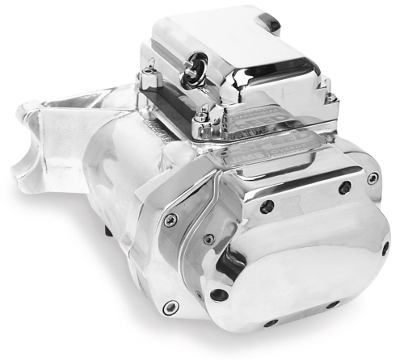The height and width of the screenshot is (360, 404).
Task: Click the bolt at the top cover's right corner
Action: point(330,98)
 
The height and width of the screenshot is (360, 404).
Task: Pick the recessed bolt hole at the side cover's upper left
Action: point(267,206)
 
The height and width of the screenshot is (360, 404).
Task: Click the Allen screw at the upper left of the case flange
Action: point(169,219)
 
